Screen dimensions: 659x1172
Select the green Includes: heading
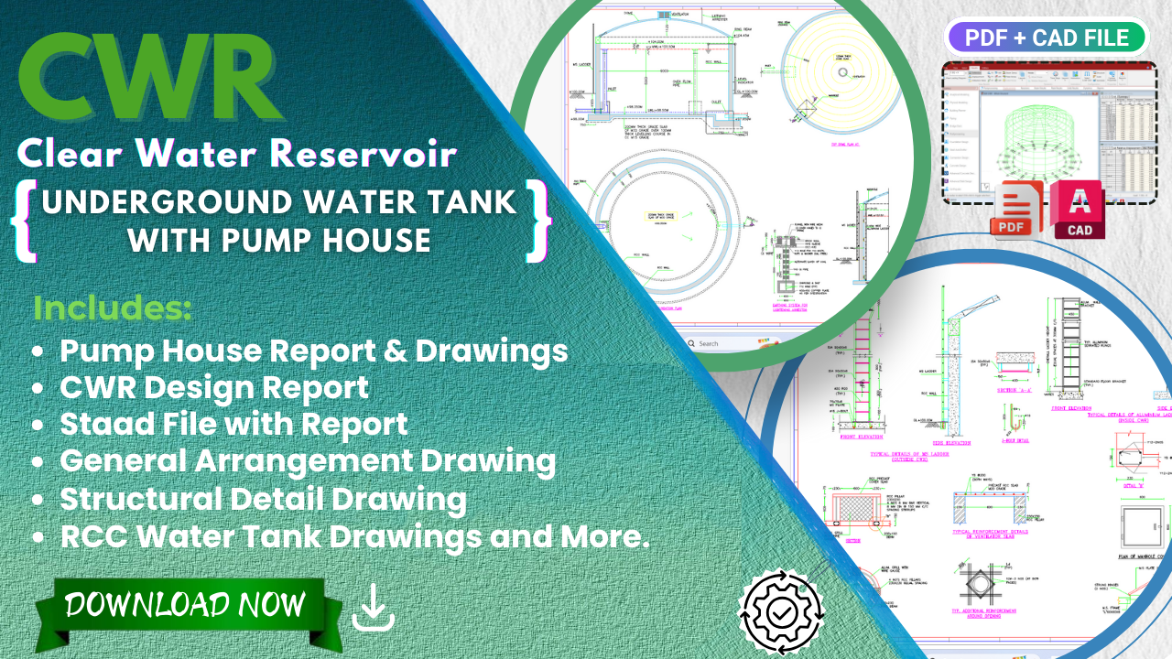(x=112, y=308)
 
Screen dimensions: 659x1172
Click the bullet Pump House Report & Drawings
(x=313, y=351)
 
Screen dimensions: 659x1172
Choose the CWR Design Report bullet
(x=214, y=388)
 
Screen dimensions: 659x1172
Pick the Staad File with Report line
(x=233, y=425)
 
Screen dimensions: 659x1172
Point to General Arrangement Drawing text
(x=308, y=461)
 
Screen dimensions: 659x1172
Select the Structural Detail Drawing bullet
(x=263, y=499)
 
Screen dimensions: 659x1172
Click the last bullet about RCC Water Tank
(x=354, y=536)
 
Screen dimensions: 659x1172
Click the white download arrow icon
(x=374, y=609)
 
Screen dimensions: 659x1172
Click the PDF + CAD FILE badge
(x=1045, y=38)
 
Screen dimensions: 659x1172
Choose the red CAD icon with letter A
(x=1079, y=210)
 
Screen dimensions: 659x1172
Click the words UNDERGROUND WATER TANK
(x=279, y=202)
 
